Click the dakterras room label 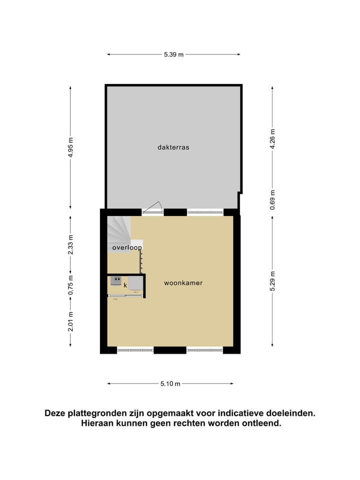173,147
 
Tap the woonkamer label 183,283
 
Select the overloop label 127,247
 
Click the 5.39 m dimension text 173,54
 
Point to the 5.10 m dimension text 170,383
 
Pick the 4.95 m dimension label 70,147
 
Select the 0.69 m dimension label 272,199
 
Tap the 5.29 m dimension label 272,280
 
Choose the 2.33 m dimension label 70,244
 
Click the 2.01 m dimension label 70,321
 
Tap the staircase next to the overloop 118,229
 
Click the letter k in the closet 125,285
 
